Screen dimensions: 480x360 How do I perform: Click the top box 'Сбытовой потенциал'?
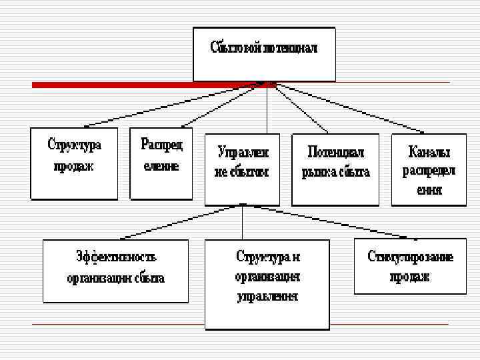click(263, 53)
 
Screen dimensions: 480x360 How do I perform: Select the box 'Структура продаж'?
click(74, 163)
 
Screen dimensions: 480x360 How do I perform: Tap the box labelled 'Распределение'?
click(161, 163)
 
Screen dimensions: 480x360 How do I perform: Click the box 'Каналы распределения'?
click(429, 169)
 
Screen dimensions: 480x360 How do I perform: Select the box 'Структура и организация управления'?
click(267, 283)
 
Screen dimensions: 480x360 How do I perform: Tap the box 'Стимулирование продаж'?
click(410, 265)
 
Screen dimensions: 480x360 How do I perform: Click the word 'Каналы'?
click(429, 153)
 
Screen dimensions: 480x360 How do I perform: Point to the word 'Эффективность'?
click(116, 258)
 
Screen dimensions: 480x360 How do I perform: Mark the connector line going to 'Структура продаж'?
click(173, 106)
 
